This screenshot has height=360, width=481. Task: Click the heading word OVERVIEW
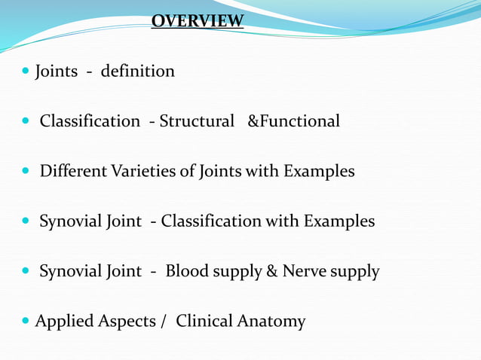coord(198,20)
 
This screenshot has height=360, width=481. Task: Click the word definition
coord(137,72)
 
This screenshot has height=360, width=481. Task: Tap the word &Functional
coord(294,121)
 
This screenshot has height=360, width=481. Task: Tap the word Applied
coord(66,322)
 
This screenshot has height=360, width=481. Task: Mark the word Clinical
coord(204,322)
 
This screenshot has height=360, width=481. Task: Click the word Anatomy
coord(271,322)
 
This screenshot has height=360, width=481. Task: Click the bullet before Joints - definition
coord(27,72)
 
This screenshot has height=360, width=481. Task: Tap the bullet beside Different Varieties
coord(27,172)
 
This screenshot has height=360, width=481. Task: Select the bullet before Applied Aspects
coord(27,322)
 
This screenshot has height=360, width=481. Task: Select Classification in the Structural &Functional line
coord(90,121)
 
